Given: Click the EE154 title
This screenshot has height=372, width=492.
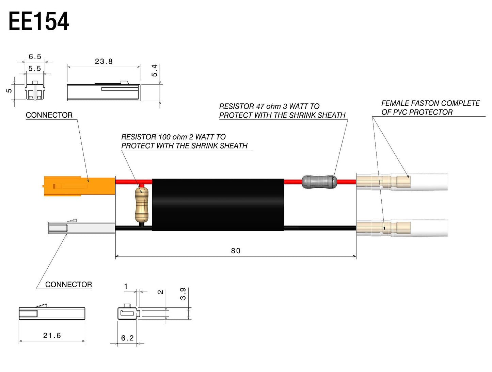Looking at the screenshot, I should click(x=38, y=21).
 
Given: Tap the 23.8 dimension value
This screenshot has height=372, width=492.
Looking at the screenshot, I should click(x=104, y=62).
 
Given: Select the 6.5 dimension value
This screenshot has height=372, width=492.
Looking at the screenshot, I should click(x=35, y=57).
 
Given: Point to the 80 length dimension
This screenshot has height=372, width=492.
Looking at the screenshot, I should click(x=236, y=251).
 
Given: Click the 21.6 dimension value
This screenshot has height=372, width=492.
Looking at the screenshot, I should click(x=52, y=336).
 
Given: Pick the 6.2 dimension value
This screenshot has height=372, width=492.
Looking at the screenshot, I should click(x=127, y=338).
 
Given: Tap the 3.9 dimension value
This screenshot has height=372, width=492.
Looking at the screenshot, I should click(x=183, y=293).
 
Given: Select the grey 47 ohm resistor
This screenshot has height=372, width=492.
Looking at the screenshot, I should click(x=319, y=182).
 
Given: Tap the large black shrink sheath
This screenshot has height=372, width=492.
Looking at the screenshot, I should click(x=218, y=205).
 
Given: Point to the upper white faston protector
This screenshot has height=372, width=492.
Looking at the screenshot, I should click(x=429, y=182).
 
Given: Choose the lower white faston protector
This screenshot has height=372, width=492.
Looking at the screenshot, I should click(x=429, y=227).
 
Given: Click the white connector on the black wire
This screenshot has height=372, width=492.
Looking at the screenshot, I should click(x=82, y=227).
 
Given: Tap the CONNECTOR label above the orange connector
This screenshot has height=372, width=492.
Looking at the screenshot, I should click(x=49, y=115).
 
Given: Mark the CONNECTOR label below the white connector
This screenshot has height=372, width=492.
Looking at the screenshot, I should click(x=68, y=285).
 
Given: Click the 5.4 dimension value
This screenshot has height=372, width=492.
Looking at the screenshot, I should click(x=155, y=70).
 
